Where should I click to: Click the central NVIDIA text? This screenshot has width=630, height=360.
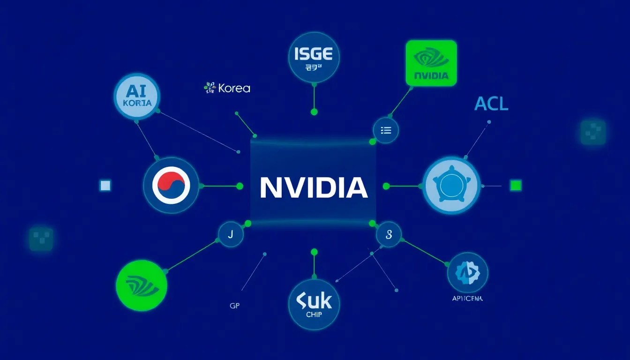tap(313, 187)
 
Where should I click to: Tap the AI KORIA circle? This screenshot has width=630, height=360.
tap(137, 96)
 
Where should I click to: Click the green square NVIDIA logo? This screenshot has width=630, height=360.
tap(431, 63)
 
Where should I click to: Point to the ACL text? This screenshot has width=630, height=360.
tap(491, 104)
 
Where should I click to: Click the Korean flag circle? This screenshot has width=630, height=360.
tap(171, 186)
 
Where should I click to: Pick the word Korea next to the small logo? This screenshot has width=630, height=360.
tap(234, 88)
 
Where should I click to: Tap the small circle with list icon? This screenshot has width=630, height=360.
tap(386, 130)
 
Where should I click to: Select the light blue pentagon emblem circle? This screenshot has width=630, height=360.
tap(451, 185)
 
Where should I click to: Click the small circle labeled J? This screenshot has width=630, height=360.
tap(231, 234)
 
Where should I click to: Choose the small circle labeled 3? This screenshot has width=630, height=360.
tap(389, 234)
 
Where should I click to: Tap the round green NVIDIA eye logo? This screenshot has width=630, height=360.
tap(141, 285)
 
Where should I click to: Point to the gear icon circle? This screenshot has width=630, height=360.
tap(467, 272)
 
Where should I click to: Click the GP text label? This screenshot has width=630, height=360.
tap(235, 305)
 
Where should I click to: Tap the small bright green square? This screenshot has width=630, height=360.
tap(516, 186)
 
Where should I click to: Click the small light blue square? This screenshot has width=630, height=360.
tap(105, 186)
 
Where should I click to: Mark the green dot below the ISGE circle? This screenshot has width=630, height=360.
tap(314, 112)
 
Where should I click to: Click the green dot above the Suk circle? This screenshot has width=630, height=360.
tap(314, 252)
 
